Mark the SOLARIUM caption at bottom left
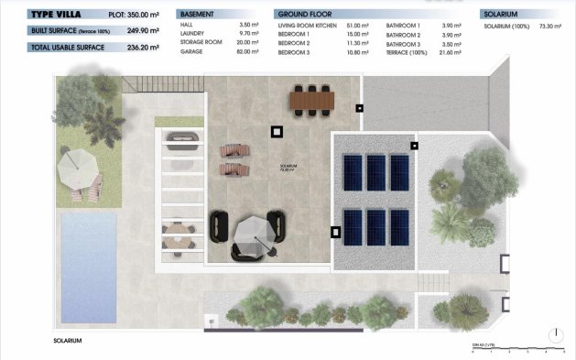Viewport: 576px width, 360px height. [x=68, y=341]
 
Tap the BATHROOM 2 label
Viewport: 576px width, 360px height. [x=404, y=35]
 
